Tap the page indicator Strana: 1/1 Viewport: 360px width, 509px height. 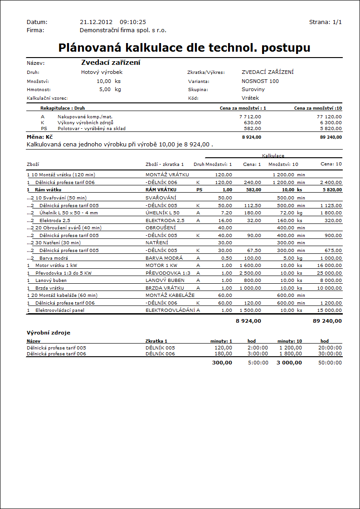325,22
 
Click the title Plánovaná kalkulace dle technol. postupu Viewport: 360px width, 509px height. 184,48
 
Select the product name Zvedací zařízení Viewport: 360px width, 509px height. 111,63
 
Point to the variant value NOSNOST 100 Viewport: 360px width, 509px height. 260,81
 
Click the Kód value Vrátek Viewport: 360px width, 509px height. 250,98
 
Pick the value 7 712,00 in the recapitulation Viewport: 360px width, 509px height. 250,116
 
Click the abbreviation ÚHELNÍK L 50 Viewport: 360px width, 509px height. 162,213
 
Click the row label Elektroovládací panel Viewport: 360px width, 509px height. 59,310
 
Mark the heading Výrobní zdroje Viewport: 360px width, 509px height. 49,332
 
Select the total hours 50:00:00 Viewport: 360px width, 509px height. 331,363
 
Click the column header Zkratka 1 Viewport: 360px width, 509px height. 156,341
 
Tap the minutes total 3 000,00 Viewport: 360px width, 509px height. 289,363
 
